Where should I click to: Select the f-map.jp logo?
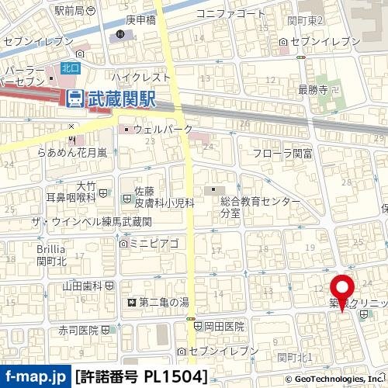point(35,376)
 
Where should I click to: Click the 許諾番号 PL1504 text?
point(142,376)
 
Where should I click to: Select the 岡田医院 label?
point(225,327)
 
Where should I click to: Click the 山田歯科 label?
point(82,286)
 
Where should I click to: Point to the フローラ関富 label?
point(282,154)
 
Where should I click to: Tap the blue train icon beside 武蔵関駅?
point(75,99)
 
